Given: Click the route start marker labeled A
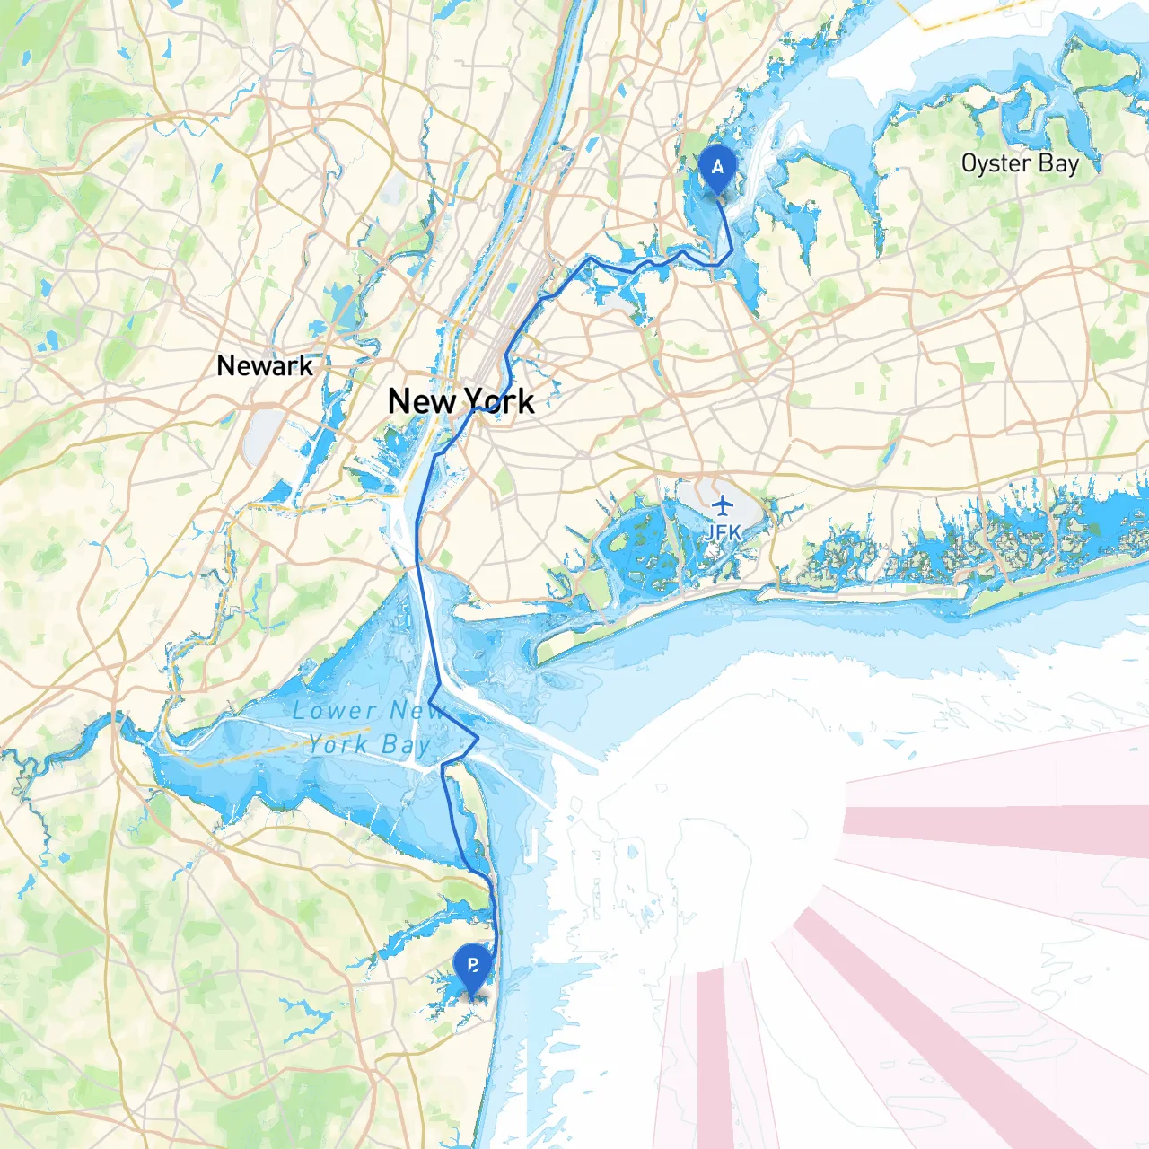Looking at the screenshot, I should tap(717, 168).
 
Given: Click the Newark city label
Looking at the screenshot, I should tap(265, 366).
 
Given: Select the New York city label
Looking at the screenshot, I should tap(460, 401).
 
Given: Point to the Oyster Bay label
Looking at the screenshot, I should tap(1020, 163).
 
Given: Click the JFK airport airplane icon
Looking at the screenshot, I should tap(723, 505).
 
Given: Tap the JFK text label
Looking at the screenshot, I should tap(723, 532).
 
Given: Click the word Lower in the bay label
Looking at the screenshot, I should tap(334, 711).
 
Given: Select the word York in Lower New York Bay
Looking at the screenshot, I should tap(338, 744).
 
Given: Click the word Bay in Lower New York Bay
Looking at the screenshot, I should tap(406, 745).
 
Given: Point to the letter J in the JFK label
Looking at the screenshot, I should tap(710, 532).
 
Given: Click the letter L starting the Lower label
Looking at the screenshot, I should tap(300, 711).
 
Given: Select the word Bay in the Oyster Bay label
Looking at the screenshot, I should tap(1058, 163).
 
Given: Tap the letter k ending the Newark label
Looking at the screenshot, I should tap(306, 366).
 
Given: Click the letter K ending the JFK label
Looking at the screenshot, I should tap(735, 532).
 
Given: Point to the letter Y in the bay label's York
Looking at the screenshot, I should tap(315, 744).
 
